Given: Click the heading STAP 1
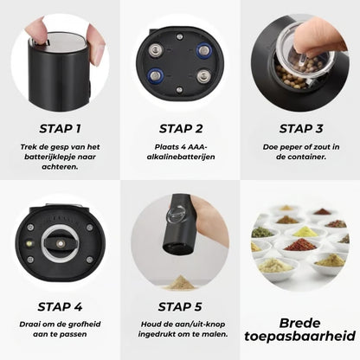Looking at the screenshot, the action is tap(60, 129).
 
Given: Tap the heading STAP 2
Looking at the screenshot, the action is tap(181, 129).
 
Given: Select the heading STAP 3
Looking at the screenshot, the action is tap(301, 129).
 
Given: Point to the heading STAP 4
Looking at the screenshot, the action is tap(60, 306).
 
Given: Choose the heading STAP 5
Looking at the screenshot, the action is tap(180, 306).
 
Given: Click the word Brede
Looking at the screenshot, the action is tap(300, 323).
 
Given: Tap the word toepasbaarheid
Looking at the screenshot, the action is tap(300, 336).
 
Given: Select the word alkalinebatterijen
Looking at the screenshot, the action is tap(181, 157).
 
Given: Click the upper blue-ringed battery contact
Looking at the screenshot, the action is tap(204, 50).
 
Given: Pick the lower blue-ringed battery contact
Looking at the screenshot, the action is tap(156, 76).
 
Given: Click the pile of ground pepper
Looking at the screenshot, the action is tap(180, 283).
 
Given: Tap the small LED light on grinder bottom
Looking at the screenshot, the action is tap(29, 244).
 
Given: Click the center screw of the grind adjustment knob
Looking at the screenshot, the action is tap(61, 244).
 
